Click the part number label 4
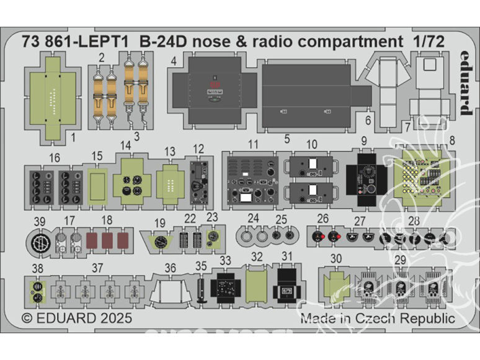175,61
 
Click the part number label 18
107,220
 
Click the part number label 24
253,218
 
